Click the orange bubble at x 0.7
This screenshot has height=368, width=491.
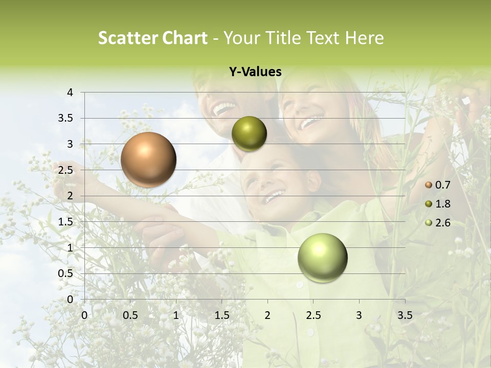click(148, 159)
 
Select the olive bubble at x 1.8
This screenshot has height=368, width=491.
click(249, 134)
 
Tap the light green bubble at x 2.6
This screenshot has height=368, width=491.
click(322, 258)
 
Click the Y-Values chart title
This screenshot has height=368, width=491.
click(255, 72)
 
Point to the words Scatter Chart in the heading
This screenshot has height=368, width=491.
click(152, 38)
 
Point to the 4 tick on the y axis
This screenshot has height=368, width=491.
click(70, 93)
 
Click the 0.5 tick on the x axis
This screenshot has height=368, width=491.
click(130, 315)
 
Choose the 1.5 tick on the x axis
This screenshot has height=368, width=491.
click(221, 315)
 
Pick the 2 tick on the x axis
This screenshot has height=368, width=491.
click(267, 315)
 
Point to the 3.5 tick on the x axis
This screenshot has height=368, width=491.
click(405, 315)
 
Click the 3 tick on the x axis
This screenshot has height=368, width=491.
click(359, 315)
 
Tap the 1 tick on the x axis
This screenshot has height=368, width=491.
click(176, 315)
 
